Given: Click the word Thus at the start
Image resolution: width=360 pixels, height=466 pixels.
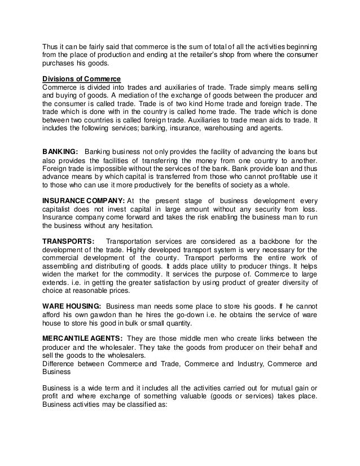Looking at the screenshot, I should (x=51, y=45).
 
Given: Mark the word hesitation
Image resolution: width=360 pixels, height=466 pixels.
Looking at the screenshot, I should (x=149, y=228).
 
